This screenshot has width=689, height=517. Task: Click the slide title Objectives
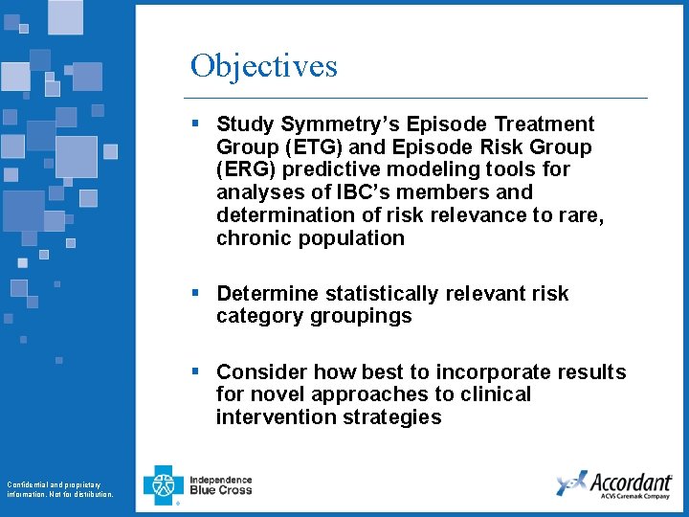[x=263, y=66]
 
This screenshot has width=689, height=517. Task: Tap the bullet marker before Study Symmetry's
[x=195, y=124]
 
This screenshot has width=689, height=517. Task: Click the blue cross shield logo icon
[x=163, y=485]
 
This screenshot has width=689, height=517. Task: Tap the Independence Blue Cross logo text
[x=220, y=485]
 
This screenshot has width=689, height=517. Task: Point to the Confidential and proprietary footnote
[x=59, y=489]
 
